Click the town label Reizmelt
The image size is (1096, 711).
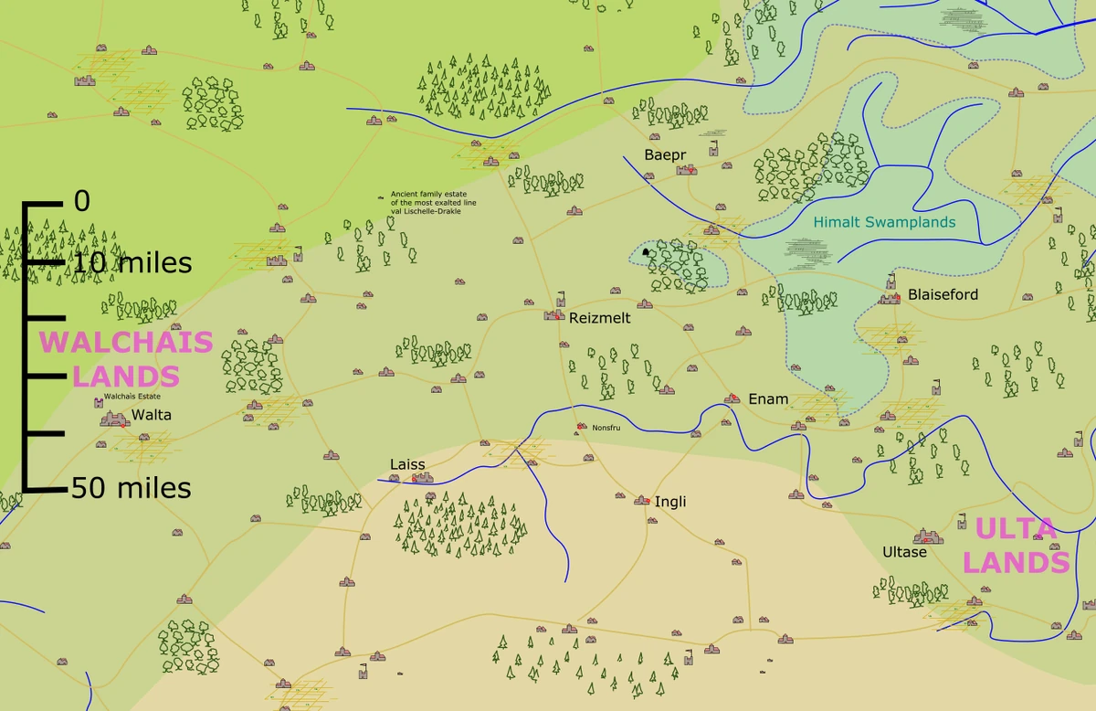click(599, 319)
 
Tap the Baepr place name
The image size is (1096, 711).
click(665, 155)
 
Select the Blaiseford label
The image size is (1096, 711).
click(943, 294)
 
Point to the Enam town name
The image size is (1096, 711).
click(768, 398)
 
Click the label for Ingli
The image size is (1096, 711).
click(670, 502)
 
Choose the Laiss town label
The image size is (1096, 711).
click(407, 464)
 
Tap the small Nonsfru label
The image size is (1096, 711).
click(606, 427)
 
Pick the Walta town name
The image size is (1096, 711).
click(152, 414)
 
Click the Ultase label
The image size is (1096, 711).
click(904, 552)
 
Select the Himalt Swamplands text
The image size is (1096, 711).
click(884, 222)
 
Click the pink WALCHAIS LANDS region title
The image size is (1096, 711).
click(125, 359)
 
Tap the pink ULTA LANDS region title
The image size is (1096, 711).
click(1016, 546)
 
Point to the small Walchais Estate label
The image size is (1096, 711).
click(132, 397)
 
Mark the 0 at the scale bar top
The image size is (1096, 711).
click(82, 201)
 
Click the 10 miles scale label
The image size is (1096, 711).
click(132, 264)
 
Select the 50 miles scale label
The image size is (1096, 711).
click(132, 488)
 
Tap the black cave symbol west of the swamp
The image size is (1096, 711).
click(646, 251)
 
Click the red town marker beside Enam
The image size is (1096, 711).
click(732, 398)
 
